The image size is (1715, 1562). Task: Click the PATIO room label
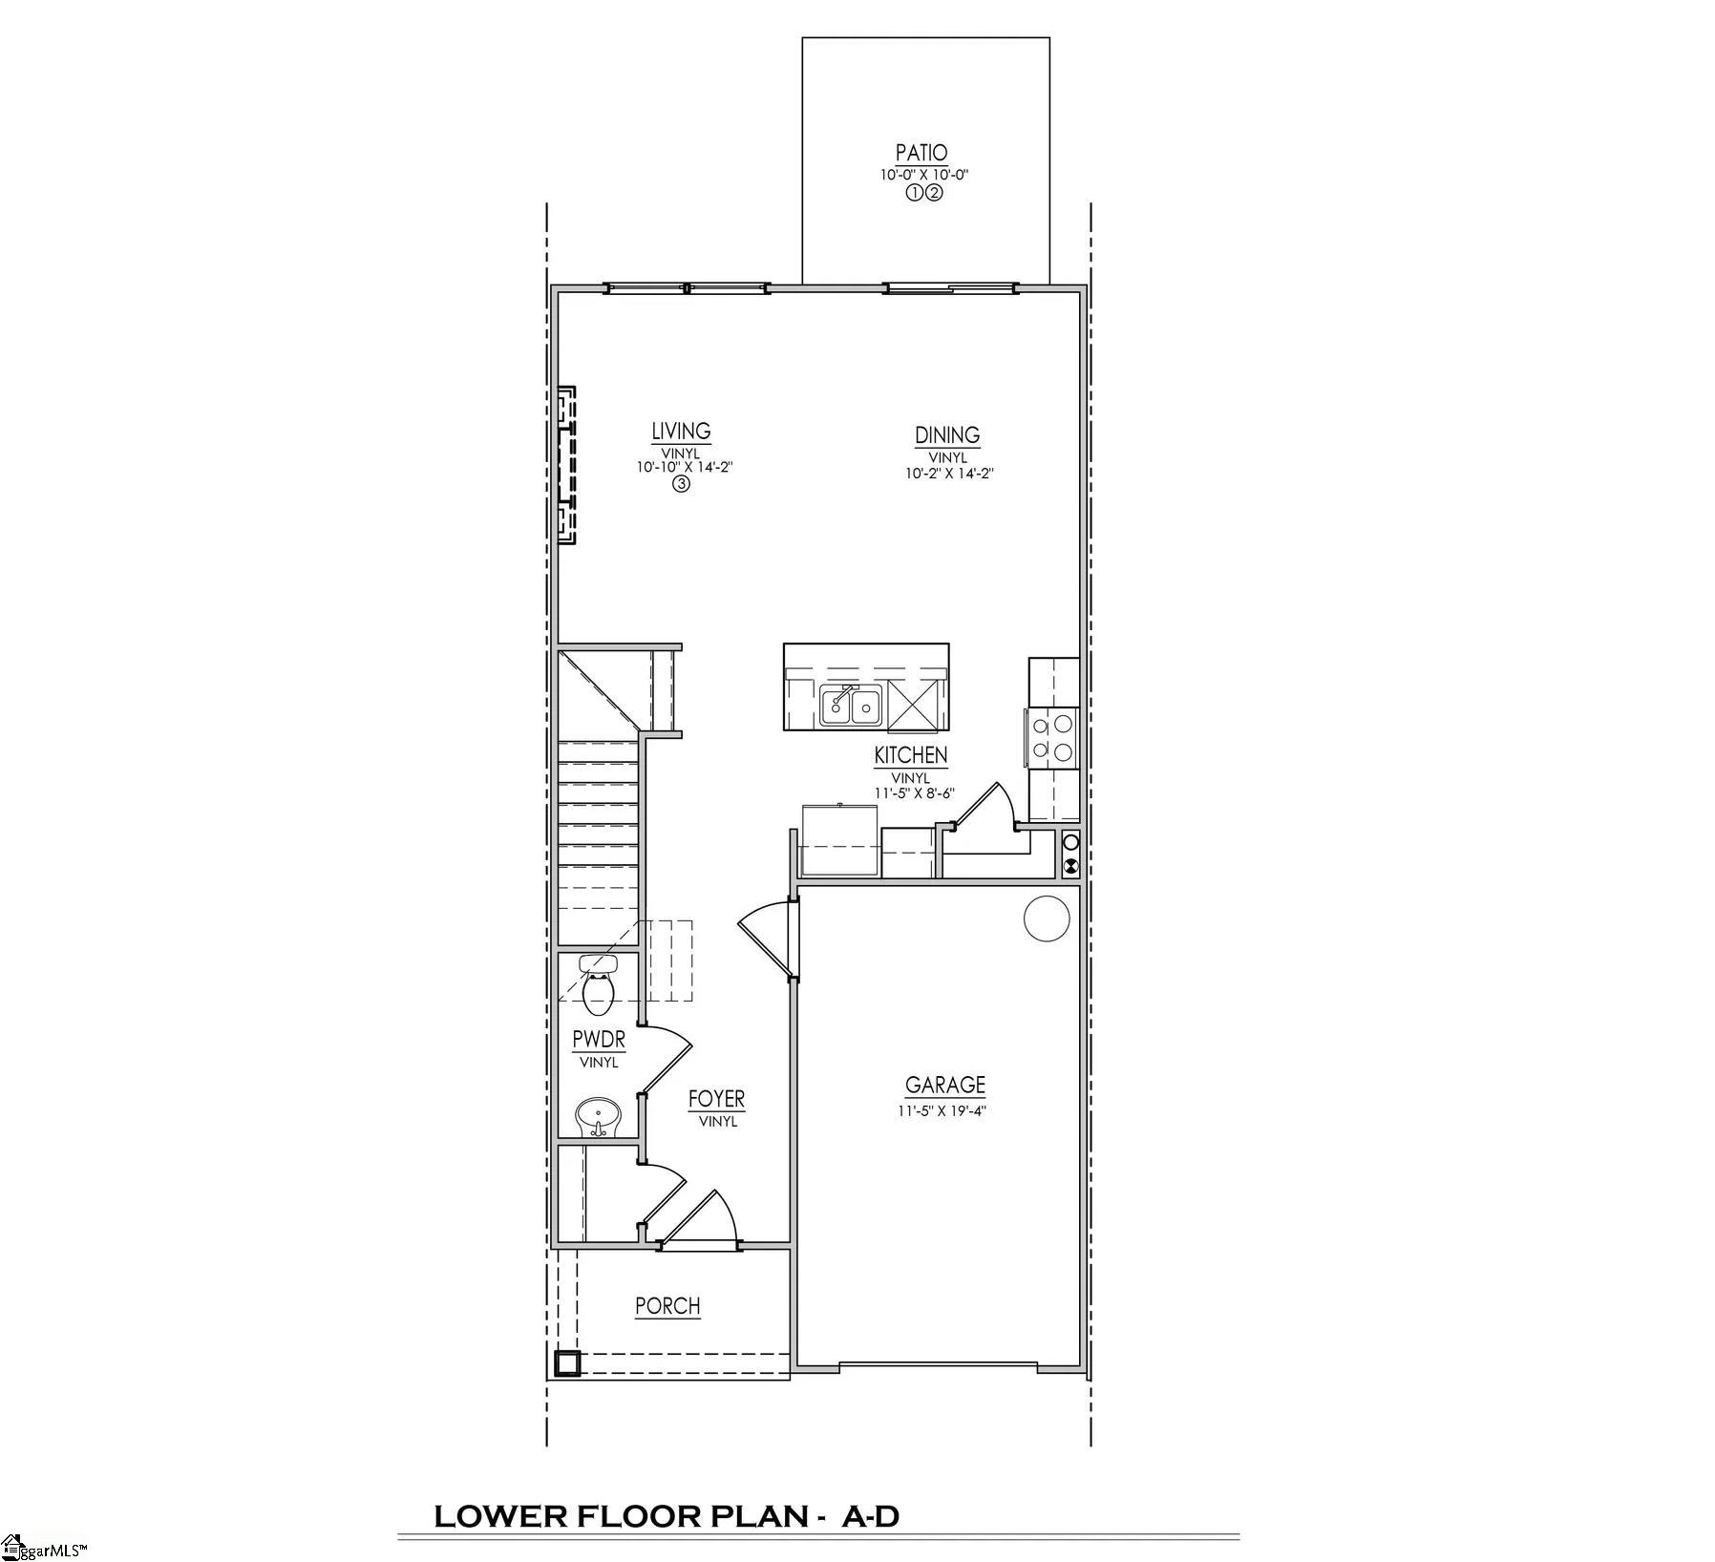(921, 153)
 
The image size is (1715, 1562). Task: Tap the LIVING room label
(681, 432)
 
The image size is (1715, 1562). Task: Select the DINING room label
(947, 435)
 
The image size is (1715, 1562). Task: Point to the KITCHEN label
(911, 755)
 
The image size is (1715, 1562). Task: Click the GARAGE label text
(945, 1085)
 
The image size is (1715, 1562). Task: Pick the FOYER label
(716, 1100)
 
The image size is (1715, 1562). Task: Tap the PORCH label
(667, 1305)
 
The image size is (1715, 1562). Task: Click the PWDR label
(599, 1040)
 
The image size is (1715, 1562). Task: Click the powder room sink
(599, 1115)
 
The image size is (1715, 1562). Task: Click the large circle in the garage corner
(1047, 918)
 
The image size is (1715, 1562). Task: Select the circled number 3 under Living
(681, 484)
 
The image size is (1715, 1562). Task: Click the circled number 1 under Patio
(913, 193)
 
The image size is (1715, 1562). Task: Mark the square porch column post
(567, 1364)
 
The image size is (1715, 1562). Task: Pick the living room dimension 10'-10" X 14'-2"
(685, 467)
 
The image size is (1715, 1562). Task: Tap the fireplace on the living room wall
(566, 465)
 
